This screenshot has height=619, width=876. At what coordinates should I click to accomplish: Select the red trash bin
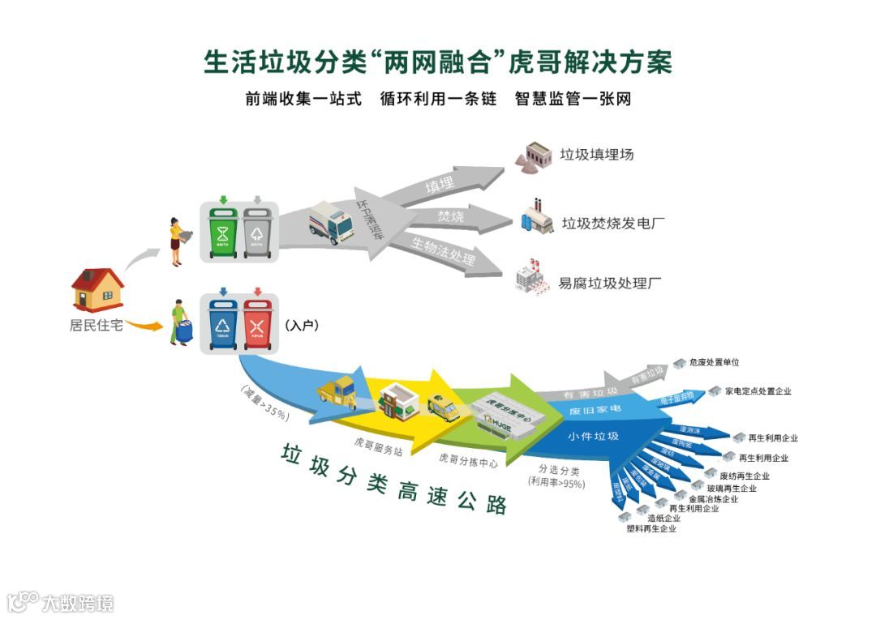tap(257, 324)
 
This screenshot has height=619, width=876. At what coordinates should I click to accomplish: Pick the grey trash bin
tap(257, 232)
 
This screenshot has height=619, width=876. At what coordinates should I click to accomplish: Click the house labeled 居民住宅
tap(97, 289)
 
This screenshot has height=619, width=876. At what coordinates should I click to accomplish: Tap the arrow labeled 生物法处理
tap(442, 251)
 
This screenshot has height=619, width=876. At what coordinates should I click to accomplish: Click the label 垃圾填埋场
tap(596, 154)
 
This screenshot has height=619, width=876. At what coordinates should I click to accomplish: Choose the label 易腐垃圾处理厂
tap(610, 284)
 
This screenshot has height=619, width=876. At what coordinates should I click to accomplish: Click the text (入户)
tap(301, 325)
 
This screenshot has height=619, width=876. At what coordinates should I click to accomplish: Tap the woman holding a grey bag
tap(176, 239)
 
